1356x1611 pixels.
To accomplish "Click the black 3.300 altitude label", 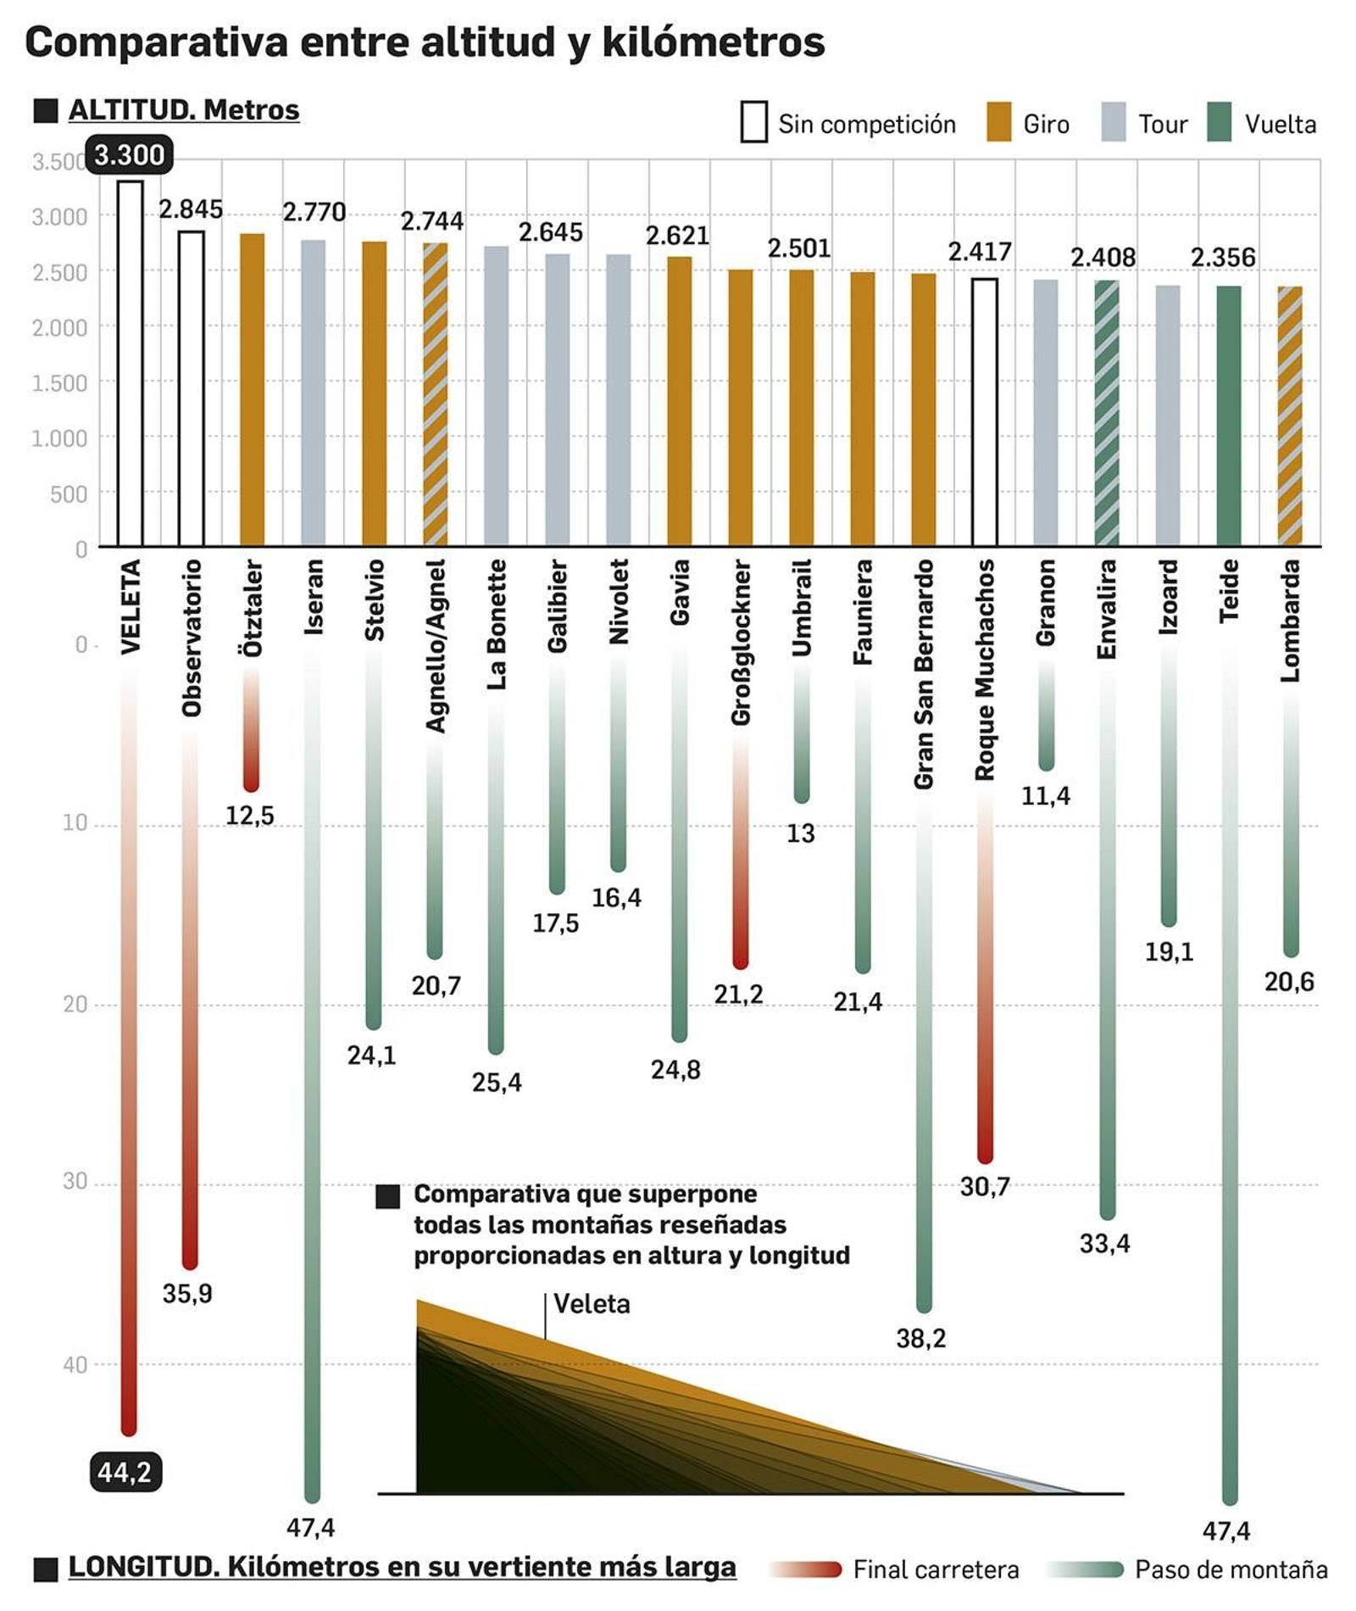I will coord(129,155).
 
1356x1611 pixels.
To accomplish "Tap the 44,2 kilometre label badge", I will coord(125,1472).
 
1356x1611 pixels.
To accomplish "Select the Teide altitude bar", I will coord(1228,415).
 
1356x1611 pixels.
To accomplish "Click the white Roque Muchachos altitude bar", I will coord(984,411).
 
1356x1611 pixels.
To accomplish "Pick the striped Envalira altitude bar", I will coord(1106,413).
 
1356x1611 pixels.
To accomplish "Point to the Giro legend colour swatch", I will coord(998,123).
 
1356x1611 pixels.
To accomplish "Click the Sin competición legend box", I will coord(753,123).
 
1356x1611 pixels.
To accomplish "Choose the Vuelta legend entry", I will coord(1263,124).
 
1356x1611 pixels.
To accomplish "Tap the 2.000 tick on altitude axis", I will coord(59,328).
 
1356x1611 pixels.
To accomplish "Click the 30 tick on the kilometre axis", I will coord(75,1181).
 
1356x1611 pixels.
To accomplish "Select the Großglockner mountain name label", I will coord(741,642).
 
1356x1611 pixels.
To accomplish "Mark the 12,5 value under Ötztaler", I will coord(249,816).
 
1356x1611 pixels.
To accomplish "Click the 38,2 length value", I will coord(920,1339).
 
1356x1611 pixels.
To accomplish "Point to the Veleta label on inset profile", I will coord(592,1304).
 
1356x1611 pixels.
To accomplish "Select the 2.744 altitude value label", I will coord(431,221).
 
